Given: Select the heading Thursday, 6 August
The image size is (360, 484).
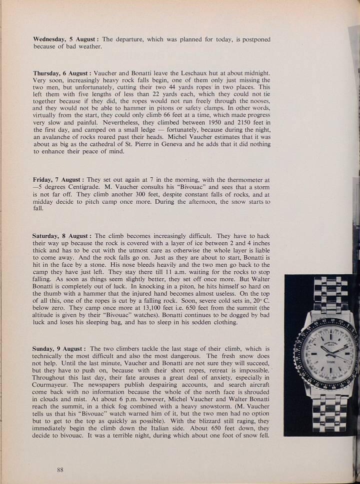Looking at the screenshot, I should [61, 73].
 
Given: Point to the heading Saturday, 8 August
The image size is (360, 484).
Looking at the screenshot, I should [62, 235].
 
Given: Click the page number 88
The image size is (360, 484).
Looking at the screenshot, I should [60, 469].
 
